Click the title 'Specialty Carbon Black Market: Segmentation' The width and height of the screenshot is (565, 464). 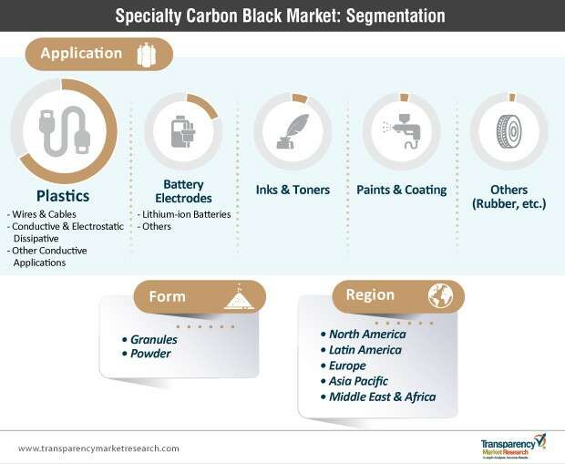282,15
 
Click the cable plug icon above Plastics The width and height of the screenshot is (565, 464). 62,131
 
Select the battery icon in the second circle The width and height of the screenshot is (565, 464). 183,131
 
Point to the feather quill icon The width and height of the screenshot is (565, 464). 293,131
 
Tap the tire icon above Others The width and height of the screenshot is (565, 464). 508,131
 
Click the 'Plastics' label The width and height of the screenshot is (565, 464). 62,195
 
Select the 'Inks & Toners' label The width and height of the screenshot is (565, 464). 293,190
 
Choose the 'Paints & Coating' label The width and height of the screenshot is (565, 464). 401,190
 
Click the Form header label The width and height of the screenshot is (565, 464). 167,296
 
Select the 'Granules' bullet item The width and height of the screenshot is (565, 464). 152,339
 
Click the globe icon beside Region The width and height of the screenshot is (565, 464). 441,295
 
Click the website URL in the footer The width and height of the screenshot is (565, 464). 98,448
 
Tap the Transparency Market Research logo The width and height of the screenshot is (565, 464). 512,446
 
